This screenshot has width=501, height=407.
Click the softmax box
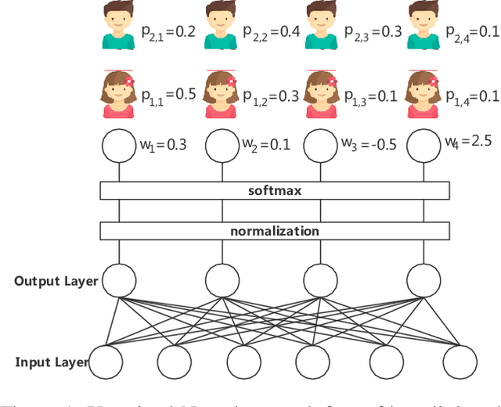(x=275, y=190)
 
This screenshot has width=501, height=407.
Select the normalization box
(x=275, y=231)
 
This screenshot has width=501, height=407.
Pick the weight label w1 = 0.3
(x=164, y=145)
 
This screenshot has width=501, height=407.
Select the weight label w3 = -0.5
(x=369, y=145)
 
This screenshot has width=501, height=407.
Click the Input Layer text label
(x=52, y=362)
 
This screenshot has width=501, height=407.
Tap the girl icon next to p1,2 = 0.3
(x=220, y=94)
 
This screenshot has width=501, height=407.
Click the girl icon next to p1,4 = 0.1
(x=424, y=94)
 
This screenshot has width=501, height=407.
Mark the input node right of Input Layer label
(x=106, y=362)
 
